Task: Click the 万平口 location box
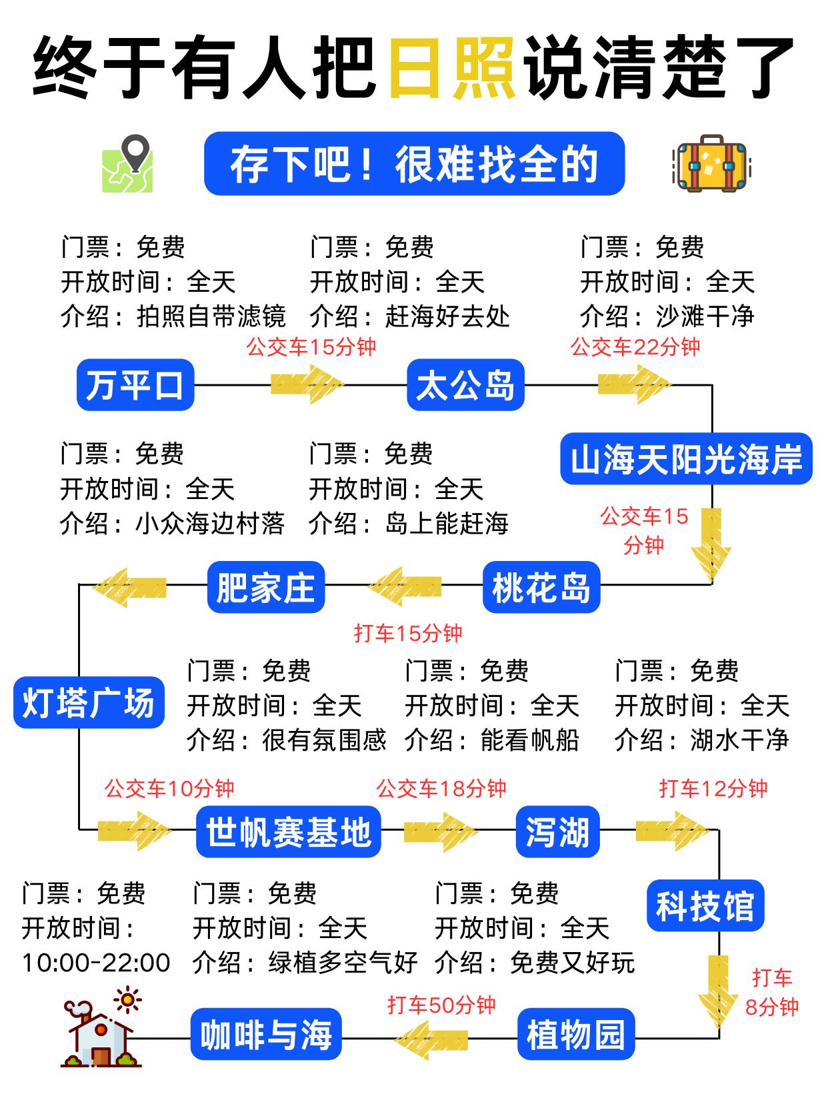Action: (x=135, y=385)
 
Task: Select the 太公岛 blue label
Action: (x=465, y=385)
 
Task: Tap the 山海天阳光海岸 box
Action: (x=686, y=458)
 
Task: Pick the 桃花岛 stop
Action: (x=541, y=587)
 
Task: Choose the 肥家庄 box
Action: (x=265, y=587)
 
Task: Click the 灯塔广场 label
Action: (x=89, y=702)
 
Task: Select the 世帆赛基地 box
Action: (x=288, y=831)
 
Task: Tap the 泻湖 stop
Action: (x=557, y=831)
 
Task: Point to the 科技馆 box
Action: (x=705, y=905)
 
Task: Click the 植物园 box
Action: (x=576, y=1034)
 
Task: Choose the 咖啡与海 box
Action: (x=266, y=1034)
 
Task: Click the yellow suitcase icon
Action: (x=710, y=164)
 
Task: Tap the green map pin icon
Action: (x=128, y=164)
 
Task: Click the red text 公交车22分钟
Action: (x=635, y=346)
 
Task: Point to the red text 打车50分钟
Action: (x=441, y=1005)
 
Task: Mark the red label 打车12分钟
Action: (x=713, y=789)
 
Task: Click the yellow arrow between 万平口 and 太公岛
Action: (x=307, y=384)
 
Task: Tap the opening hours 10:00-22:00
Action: (x=96, y=962)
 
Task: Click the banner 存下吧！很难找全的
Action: (x=414, y=164)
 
